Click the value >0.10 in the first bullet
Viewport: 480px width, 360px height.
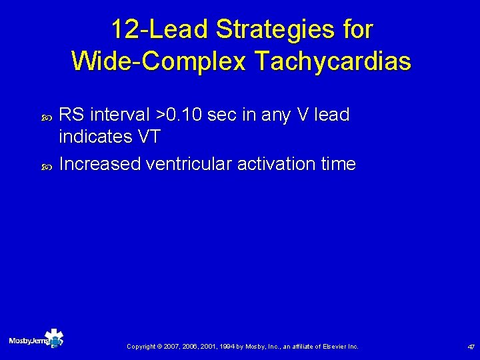coord(179,115)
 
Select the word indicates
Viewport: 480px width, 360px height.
coord(95,137)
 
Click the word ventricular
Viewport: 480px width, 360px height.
coord(189,164)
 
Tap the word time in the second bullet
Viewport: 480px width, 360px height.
coord(337,164)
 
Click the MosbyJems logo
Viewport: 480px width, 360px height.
coord(37,339)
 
